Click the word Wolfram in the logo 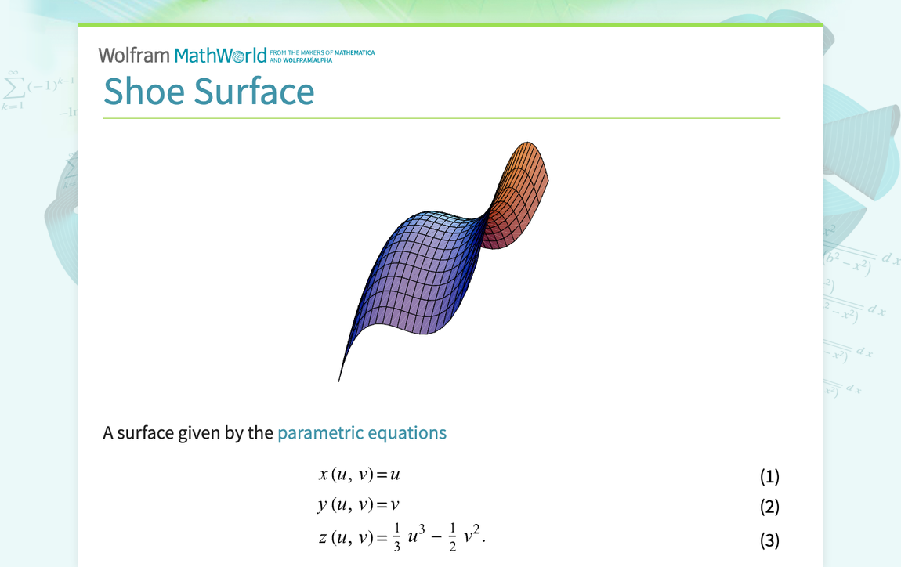click(x=133, y=55)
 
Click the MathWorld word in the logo click(x=220, y=56)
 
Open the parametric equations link click(x=362, y=432)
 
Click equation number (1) click(x=769, y=476)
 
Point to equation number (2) click(x=769, y=507)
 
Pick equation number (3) click(x=769, y=540)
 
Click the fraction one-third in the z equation click(x=397, y=538)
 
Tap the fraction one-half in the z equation click(x=453, y=538)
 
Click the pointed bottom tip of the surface click(x=340, y=379)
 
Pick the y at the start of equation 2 click(x=322, y=506)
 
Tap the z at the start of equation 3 click(x=323, y=538)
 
